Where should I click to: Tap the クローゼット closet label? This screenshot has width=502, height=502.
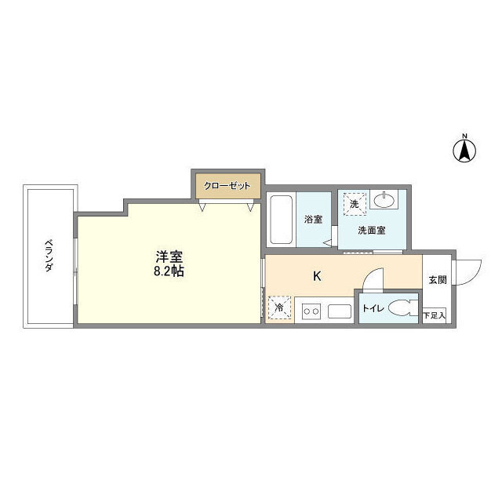tap(227, 186)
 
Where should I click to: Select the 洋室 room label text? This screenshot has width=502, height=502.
tap(169, 256)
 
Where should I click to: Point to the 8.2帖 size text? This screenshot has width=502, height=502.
tap(169, 271)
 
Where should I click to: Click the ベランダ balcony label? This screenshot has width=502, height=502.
tap(49, 255)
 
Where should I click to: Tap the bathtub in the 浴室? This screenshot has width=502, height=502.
tap(281, 220)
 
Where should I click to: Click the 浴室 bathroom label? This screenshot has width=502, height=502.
tap(314, 220)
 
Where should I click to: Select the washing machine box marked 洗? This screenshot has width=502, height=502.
tap(355, 204)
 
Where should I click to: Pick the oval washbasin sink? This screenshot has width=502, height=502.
tap(384, 201)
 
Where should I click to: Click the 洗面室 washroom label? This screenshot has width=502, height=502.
tap(371, 230)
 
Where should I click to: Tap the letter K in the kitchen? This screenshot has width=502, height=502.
tap(317, 276)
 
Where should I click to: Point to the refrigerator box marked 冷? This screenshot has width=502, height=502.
tap(279, 307)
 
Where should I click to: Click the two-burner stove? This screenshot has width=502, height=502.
tap(311, 311)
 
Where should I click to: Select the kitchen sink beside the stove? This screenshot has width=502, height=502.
tap(340, 311)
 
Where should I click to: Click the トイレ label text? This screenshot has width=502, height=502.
tap(373, 308)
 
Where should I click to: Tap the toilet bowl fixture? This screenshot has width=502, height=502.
tap(403, 307)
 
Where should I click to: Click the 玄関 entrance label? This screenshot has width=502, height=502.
tap(438, 280)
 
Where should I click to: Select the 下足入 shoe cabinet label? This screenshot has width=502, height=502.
tap(434, 315)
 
